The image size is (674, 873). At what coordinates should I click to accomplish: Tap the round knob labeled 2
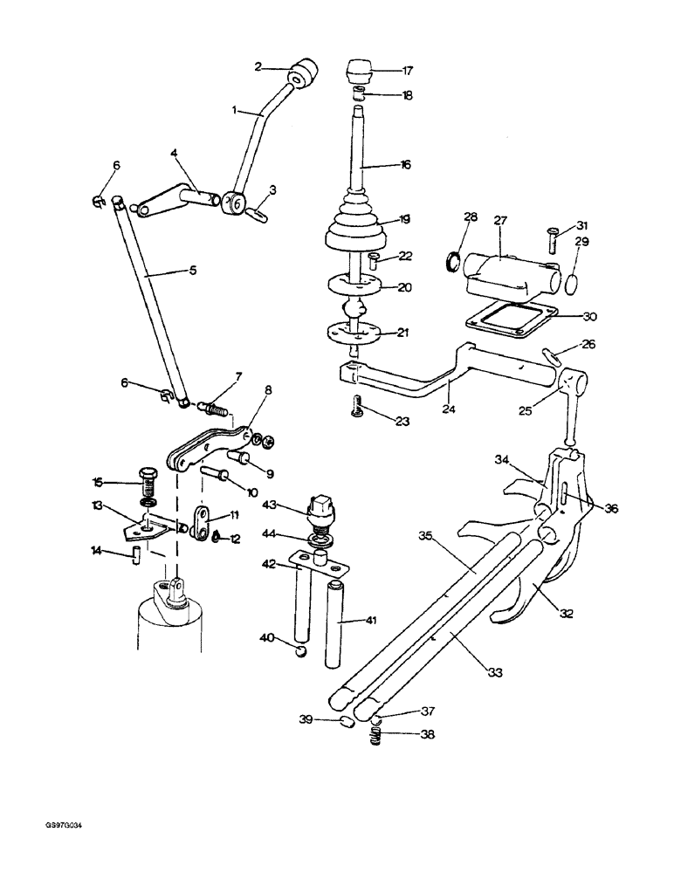(x=304, y=72)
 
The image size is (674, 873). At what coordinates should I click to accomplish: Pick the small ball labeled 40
(x=300, y=649)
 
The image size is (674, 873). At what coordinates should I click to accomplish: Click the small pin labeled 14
(x=137, y=557)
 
